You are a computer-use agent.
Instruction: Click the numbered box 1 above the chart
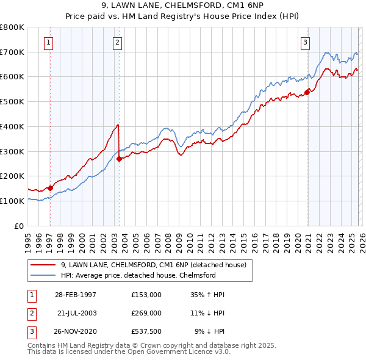[x=48, y=42]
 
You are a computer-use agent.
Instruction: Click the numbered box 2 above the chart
[x=117, y=42]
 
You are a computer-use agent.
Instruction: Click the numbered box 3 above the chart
[x=305, y=42]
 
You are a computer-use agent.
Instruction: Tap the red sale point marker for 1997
[x=50, y=188]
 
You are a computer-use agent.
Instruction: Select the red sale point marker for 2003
[x=119, y=159]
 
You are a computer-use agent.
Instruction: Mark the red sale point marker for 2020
[x=307, y=92]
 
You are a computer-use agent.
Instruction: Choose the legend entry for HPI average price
[x=138, y=275]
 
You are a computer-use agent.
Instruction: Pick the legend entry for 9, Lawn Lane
[x=153, y=265]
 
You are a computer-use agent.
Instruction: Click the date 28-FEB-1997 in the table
[x=76, y=294]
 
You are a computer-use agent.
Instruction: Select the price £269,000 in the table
[x=146, y=312]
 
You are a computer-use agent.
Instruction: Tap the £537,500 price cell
[x=146, y=331]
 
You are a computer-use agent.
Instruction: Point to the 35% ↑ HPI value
[x=209, y=294]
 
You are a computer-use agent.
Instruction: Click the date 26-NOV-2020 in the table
[x=76, y=331]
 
